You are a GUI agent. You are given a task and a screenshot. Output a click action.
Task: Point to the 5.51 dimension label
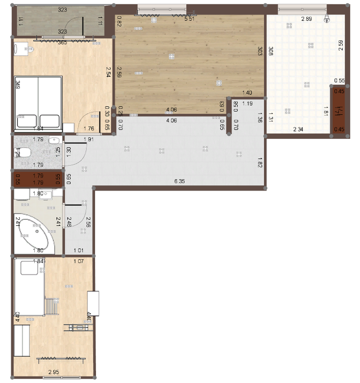point(189,19)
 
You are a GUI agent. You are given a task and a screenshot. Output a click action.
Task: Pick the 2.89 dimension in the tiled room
point(306,19)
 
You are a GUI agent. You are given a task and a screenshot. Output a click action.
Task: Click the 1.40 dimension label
point(247,93)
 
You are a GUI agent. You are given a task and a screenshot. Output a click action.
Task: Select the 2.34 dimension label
point(298,129)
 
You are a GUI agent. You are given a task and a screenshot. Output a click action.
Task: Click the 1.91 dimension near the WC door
point(89,140)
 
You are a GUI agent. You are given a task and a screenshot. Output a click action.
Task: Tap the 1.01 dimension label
point(79,250)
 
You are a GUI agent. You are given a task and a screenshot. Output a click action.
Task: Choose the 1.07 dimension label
point(79,262)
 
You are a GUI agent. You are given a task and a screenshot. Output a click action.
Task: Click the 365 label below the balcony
point(62,43)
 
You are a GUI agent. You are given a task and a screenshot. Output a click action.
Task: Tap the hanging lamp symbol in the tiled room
point(327,18)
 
